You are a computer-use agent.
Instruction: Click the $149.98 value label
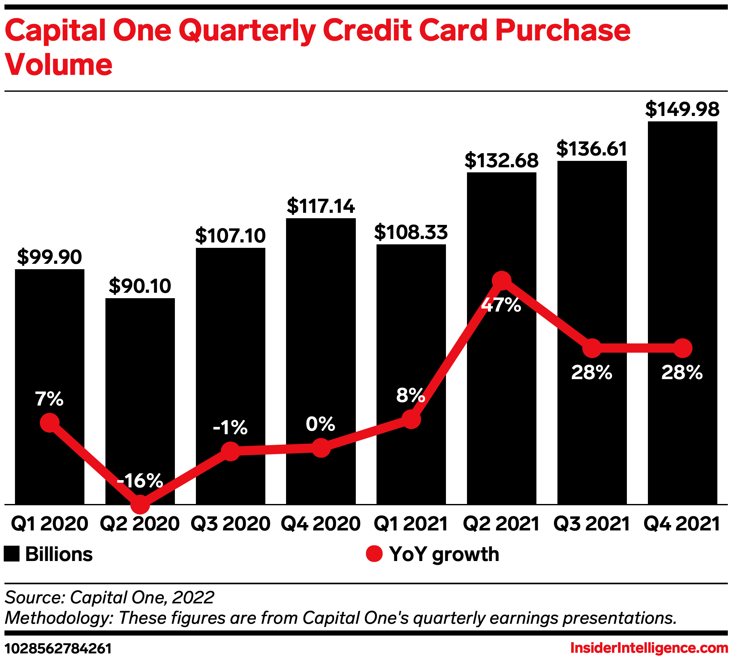[682, 109]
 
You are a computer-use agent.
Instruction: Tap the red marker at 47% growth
[501, 281]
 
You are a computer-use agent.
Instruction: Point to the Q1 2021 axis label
[411, 524]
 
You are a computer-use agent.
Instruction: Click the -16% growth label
[140, 480]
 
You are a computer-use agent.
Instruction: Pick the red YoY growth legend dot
[374, 554]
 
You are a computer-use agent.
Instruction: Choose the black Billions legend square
[11, 554]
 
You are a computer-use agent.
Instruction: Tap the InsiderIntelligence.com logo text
[649, 648]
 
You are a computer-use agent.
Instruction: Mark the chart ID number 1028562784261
[58, 649]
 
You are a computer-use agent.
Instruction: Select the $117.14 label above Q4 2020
[321, 206]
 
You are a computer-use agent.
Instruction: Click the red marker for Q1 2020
[50, 422]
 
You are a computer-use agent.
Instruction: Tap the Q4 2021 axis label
[682, 524]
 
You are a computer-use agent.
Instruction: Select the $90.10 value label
[140, 286]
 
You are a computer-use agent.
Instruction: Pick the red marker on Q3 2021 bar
[592, 348]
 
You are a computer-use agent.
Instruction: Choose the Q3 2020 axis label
[230, 524]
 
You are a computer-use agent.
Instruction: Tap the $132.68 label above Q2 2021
[501, 161]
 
